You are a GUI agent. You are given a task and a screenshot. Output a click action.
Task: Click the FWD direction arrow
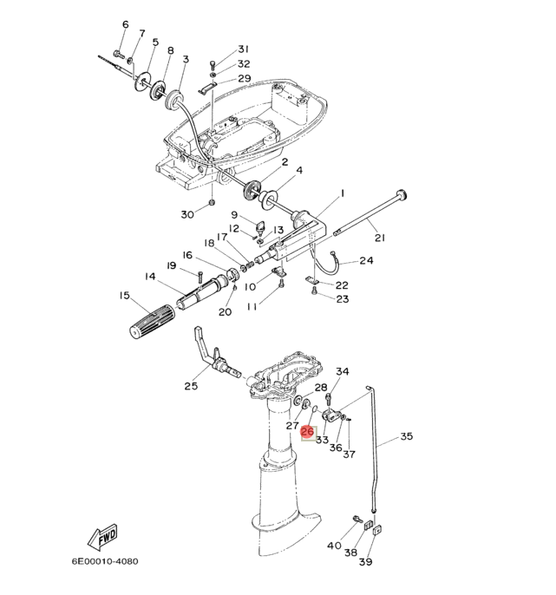click(102, 537)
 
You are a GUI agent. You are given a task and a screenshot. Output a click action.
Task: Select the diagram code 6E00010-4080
click(105, 561)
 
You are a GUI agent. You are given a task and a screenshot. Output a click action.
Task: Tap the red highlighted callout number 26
click(307, 432)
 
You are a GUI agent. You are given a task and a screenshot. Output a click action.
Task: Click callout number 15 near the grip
click(125, 295)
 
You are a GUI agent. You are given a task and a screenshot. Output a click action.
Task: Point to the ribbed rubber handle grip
click(153, 321)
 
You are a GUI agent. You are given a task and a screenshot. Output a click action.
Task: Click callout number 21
click(380, 238)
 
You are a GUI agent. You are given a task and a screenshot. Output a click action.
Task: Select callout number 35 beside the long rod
click(407, 436)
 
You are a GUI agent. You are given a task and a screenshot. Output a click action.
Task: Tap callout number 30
click(187, 215)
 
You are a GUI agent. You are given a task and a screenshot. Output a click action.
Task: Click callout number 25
click(192, 386)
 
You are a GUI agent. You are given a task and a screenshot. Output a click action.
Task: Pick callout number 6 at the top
click(126, 24)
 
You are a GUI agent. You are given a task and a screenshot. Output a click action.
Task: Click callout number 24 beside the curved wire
click(367, 261)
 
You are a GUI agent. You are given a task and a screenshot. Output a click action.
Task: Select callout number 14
click(150, 276)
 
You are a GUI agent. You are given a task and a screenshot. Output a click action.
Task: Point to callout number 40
click(334, 546)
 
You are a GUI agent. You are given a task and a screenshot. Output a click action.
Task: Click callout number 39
click(366, 562)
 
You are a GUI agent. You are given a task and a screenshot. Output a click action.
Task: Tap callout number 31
click(243, 49)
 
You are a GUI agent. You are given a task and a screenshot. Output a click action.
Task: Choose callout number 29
click(245, 78)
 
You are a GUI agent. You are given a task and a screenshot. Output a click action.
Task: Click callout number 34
click(343, 371)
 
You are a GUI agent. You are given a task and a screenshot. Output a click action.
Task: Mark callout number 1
click(343, 193)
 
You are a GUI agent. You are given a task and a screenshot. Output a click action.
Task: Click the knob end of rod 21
click(401, 194)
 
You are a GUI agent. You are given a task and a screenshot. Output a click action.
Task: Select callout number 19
click(172, 265)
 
